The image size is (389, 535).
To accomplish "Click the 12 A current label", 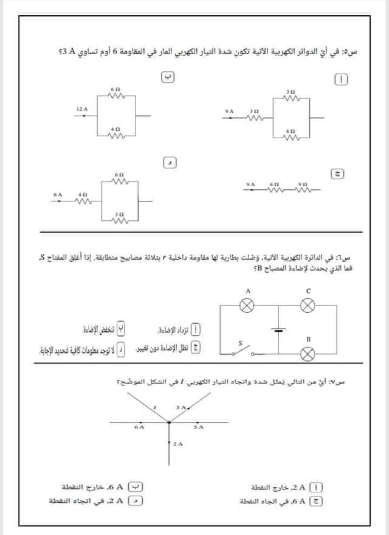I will click(x=82, y=109).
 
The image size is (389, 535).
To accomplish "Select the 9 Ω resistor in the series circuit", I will click(x=300, y=189).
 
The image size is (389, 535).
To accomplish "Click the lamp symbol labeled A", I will click(x=247, y=306).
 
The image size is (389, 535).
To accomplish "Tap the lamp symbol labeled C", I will click(x=308, y=306).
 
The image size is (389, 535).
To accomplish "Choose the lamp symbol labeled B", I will click(x=308, y=353).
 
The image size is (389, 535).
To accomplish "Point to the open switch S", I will click(x=243, y=351).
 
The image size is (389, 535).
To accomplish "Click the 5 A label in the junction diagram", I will click(x=198, y=428).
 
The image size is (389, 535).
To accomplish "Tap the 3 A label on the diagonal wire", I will click(x=180, y=406).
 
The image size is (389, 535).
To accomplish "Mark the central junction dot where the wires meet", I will click(x=168, y=421).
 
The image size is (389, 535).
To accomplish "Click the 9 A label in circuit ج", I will click(x=250, y=183).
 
